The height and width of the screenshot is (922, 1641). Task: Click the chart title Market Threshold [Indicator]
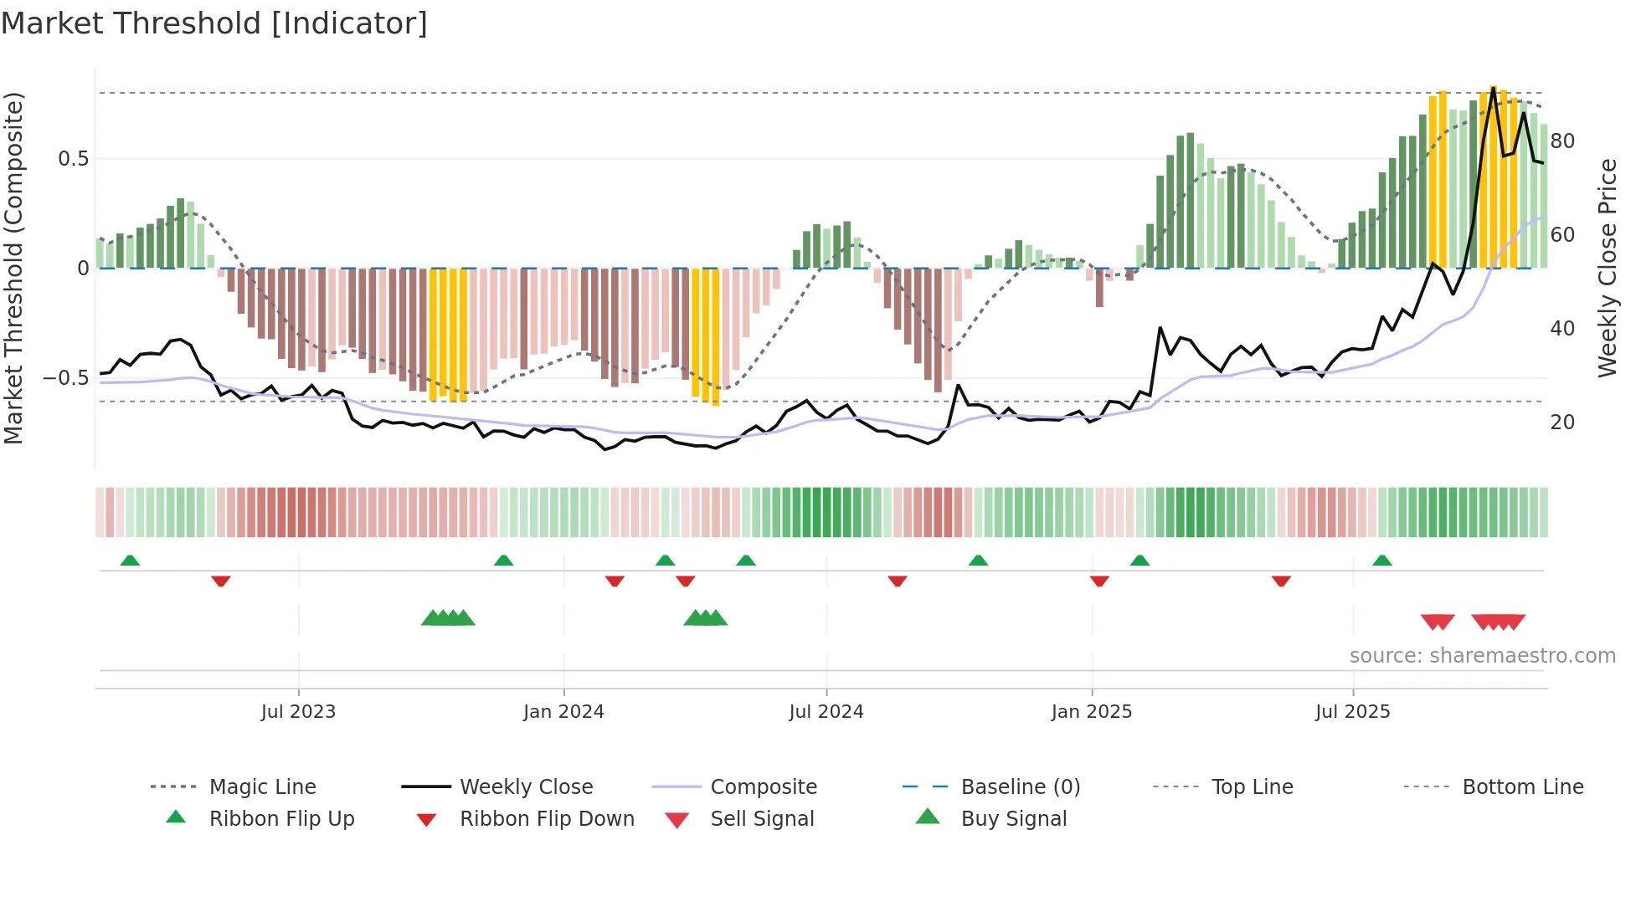tap(214, 23)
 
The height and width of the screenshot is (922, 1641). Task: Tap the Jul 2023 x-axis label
tap(298, 712)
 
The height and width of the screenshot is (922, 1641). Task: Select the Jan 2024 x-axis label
tap(563, 712)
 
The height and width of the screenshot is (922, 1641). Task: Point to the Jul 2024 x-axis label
tap(826, 712)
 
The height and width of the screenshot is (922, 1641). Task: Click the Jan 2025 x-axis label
tap(1092, 712)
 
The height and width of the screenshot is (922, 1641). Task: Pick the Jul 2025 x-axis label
tap(1353, 712)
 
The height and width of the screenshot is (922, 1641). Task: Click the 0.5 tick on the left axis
tap(74, 159)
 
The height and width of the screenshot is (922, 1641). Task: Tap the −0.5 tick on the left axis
tap(66, 378)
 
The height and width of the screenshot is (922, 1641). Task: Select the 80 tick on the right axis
tap(1562, 141)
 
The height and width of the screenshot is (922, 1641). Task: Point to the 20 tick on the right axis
tap(1562, 423)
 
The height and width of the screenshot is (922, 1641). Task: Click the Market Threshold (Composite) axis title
tap(13, 268)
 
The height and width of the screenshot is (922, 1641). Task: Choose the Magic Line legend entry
tap(262, 787)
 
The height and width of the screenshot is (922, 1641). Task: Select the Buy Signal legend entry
tap(1013, 819)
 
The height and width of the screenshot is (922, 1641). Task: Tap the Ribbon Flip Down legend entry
tap(547, 819)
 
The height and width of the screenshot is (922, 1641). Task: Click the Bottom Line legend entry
tap(1522, 787)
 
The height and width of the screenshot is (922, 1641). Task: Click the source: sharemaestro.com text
tap(1482, 656)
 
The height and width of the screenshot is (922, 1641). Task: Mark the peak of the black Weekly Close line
tap(1493, 88)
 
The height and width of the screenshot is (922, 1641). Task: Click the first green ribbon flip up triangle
tap(130, 561)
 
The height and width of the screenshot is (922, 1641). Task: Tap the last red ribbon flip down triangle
tap(1281, 581)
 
